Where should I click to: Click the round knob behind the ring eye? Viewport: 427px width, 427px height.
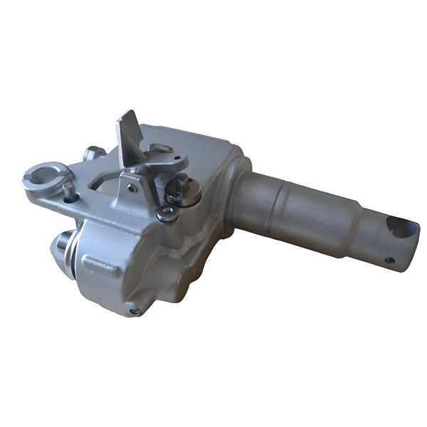[x=94, y=153]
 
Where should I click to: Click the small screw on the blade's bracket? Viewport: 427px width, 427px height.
[x=130, y=189]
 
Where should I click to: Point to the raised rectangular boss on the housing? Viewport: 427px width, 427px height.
[x=100, y=265]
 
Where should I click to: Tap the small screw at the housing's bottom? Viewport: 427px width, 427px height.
[x=134, y=310]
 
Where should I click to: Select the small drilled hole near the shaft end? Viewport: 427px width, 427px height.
[x=389, y=260]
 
